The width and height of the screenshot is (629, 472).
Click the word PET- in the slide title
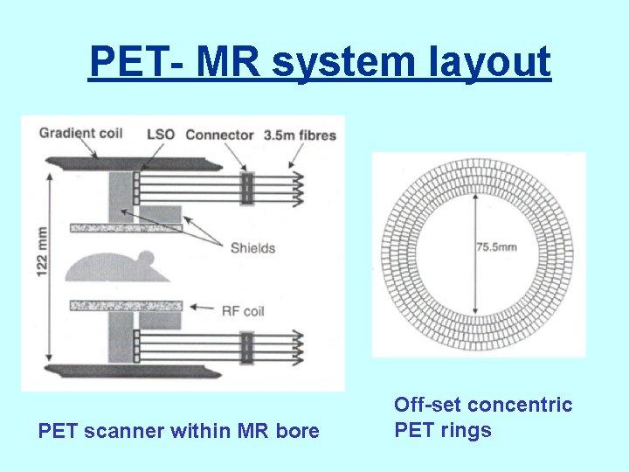[135, 63]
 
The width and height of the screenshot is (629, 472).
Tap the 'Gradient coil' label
[79, 135]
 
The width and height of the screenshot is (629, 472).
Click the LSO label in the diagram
[161, 135]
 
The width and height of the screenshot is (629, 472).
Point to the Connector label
[219, 135]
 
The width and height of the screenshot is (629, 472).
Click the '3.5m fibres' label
[299, 135]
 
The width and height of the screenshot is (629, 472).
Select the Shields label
[252, 247]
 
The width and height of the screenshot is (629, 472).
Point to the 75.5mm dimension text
[496, 247]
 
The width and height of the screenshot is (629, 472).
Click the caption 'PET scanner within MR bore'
[178, 430]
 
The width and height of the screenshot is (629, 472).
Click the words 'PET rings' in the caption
[443, 430]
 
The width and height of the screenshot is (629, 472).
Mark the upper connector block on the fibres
[246, 188]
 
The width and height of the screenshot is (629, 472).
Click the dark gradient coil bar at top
[122, 163]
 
